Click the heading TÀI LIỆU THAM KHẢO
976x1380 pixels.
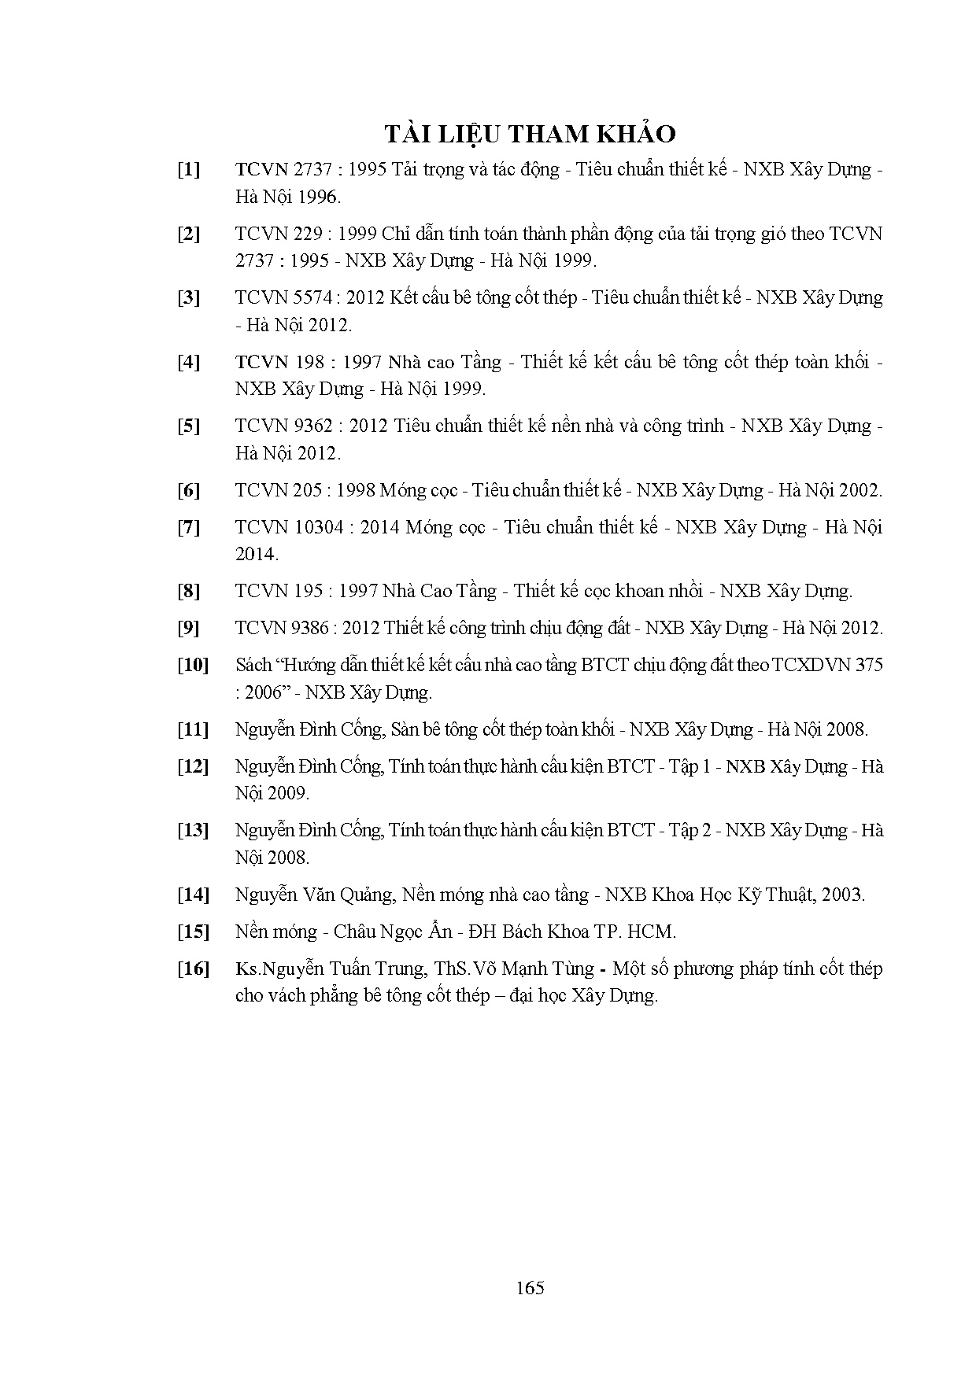pos(530,134)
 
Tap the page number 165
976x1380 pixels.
pos(531,1288)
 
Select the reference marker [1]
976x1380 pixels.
pos(189,169)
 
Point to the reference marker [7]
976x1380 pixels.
pos(189,527)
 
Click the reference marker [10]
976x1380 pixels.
pos(193,665)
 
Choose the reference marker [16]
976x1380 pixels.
pos(193,969)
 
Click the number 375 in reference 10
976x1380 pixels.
pos(868,665)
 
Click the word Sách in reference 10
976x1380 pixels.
pos(253,665)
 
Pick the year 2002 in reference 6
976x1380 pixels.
pos(860,490)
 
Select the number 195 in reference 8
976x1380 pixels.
pos(309,591)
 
